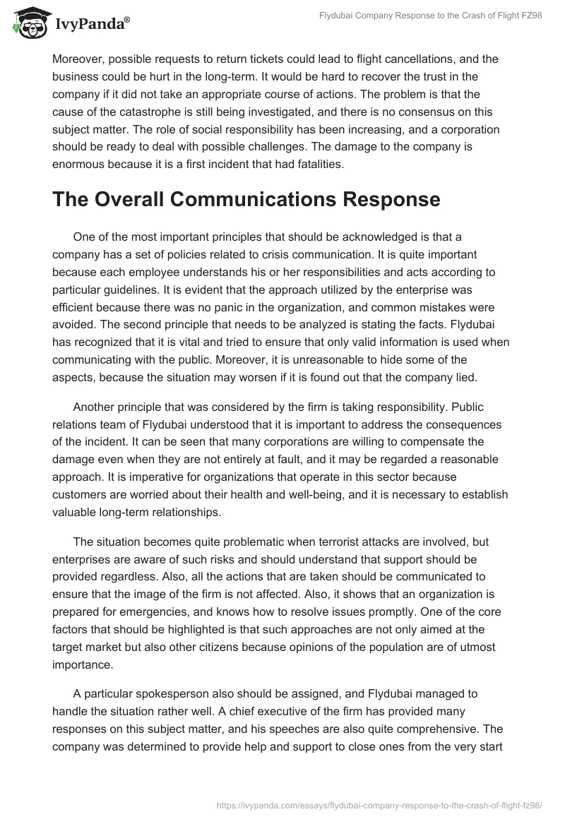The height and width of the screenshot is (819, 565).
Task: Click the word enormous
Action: [81, 165]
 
